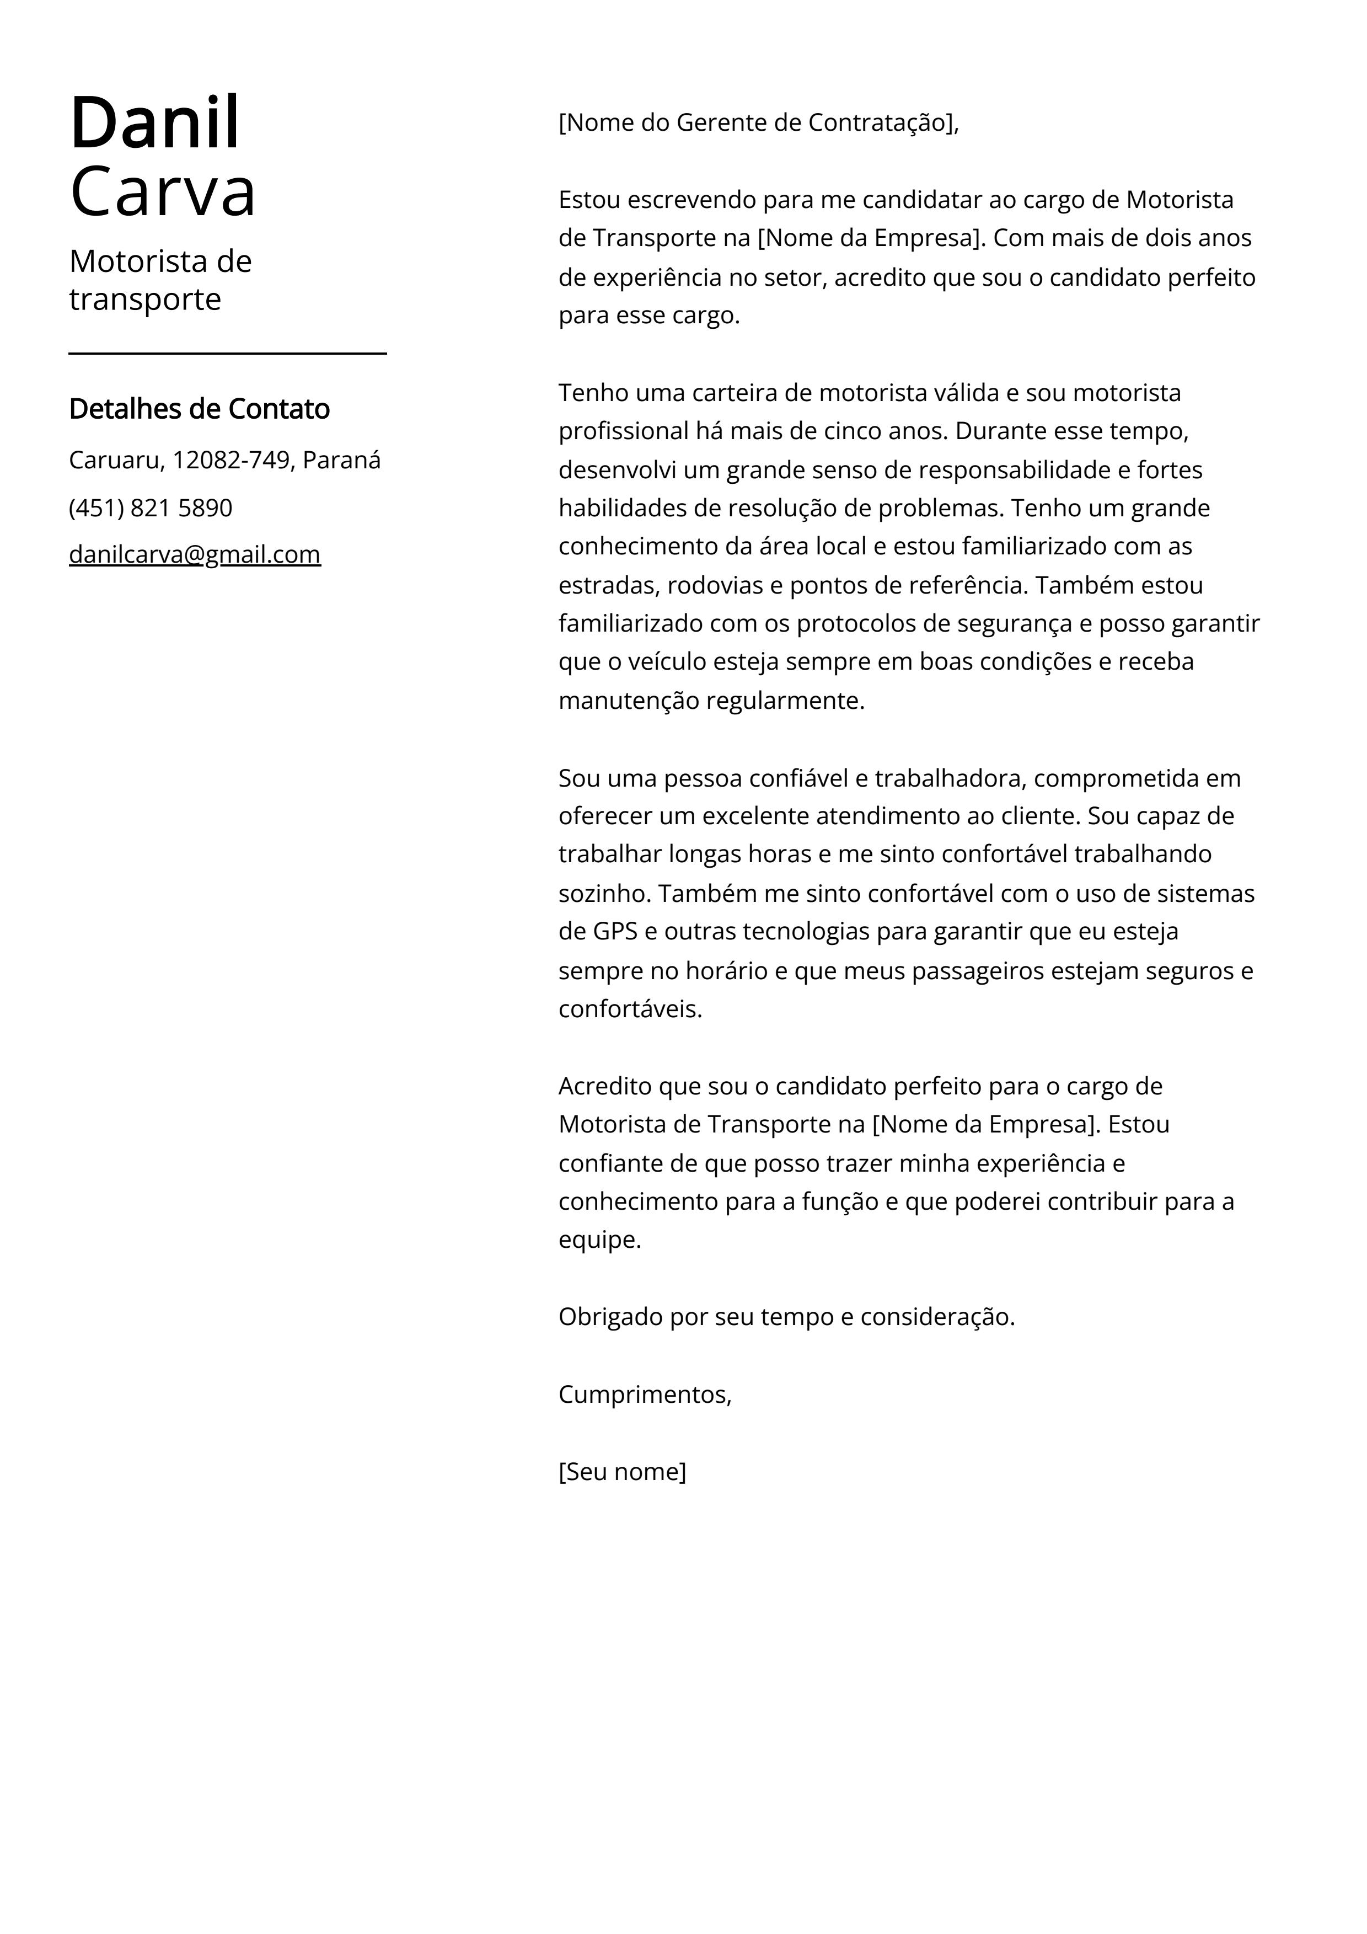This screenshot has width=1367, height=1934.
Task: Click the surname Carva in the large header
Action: click(163, 192)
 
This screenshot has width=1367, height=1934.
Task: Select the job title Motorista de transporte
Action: click(160, 280)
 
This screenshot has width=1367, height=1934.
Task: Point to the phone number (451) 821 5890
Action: click(151, 508)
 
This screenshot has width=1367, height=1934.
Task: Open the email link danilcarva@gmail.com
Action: click(195, 554)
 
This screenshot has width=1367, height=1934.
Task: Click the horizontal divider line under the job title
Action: click(227, 354)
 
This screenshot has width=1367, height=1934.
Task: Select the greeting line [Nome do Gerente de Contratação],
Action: click(758, 123)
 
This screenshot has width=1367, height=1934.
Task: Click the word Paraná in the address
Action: click(341, 460)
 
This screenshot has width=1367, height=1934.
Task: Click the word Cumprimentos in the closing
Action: click(644, 1394)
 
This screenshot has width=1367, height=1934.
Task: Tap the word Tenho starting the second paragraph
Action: click(594, 393)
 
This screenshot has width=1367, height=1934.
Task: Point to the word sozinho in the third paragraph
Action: click(602, 893)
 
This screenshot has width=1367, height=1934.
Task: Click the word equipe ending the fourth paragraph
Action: click(599, 1240)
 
